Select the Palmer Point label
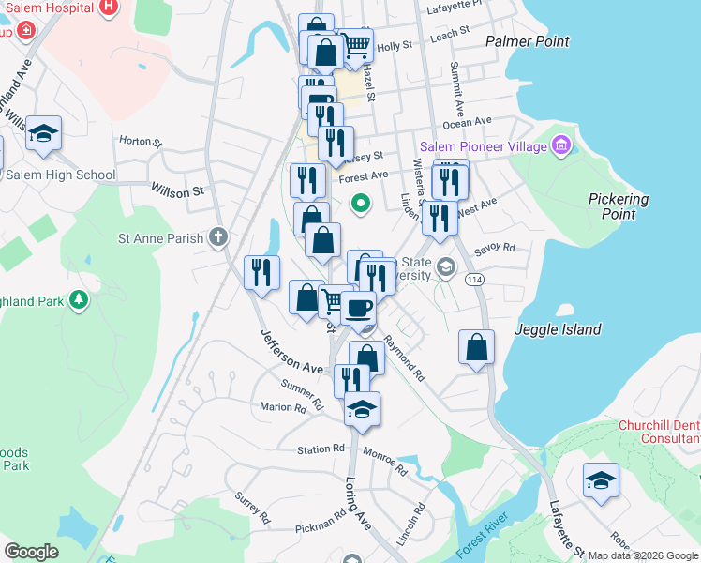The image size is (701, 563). (528, 41)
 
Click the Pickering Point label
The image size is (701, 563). (618, 206)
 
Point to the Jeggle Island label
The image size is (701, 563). (554, 330)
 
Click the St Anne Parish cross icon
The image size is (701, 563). (218, 237)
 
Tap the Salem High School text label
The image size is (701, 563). (60, 175)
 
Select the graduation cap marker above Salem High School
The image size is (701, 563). (43, 134)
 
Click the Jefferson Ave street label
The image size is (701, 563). (291, 350)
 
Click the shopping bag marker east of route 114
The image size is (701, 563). (476, 345)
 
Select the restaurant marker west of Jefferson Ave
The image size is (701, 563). (261, 272)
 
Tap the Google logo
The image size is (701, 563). (31, 552)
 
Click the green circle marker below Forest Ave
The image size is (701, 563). (359, 202)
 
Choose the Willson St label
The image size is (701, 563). (177, 190)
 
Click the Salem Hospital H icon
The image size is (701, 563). (109, 7)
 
